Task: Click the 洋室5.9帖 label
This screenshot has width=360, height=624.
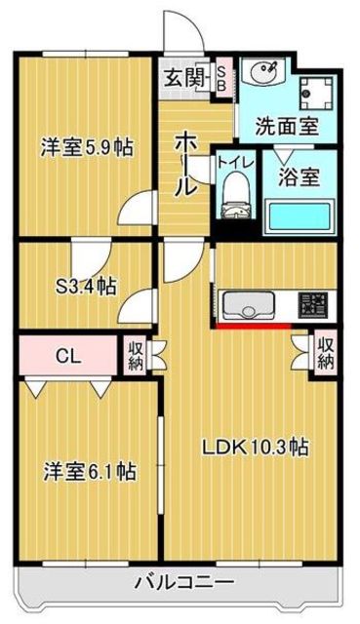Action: (86, 148)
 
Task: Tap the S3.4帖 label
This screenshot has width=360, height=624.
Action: (85, 287)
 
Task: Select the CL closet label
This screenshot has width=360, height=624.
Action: (66, 356)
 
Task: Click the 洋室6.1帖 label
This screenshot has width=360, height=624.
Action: (87, 473)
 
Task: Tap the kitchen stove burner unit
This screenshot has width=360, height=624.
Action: (312, 305)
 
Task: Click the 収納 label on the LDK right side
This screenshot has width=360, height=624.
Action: (326, 353)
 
